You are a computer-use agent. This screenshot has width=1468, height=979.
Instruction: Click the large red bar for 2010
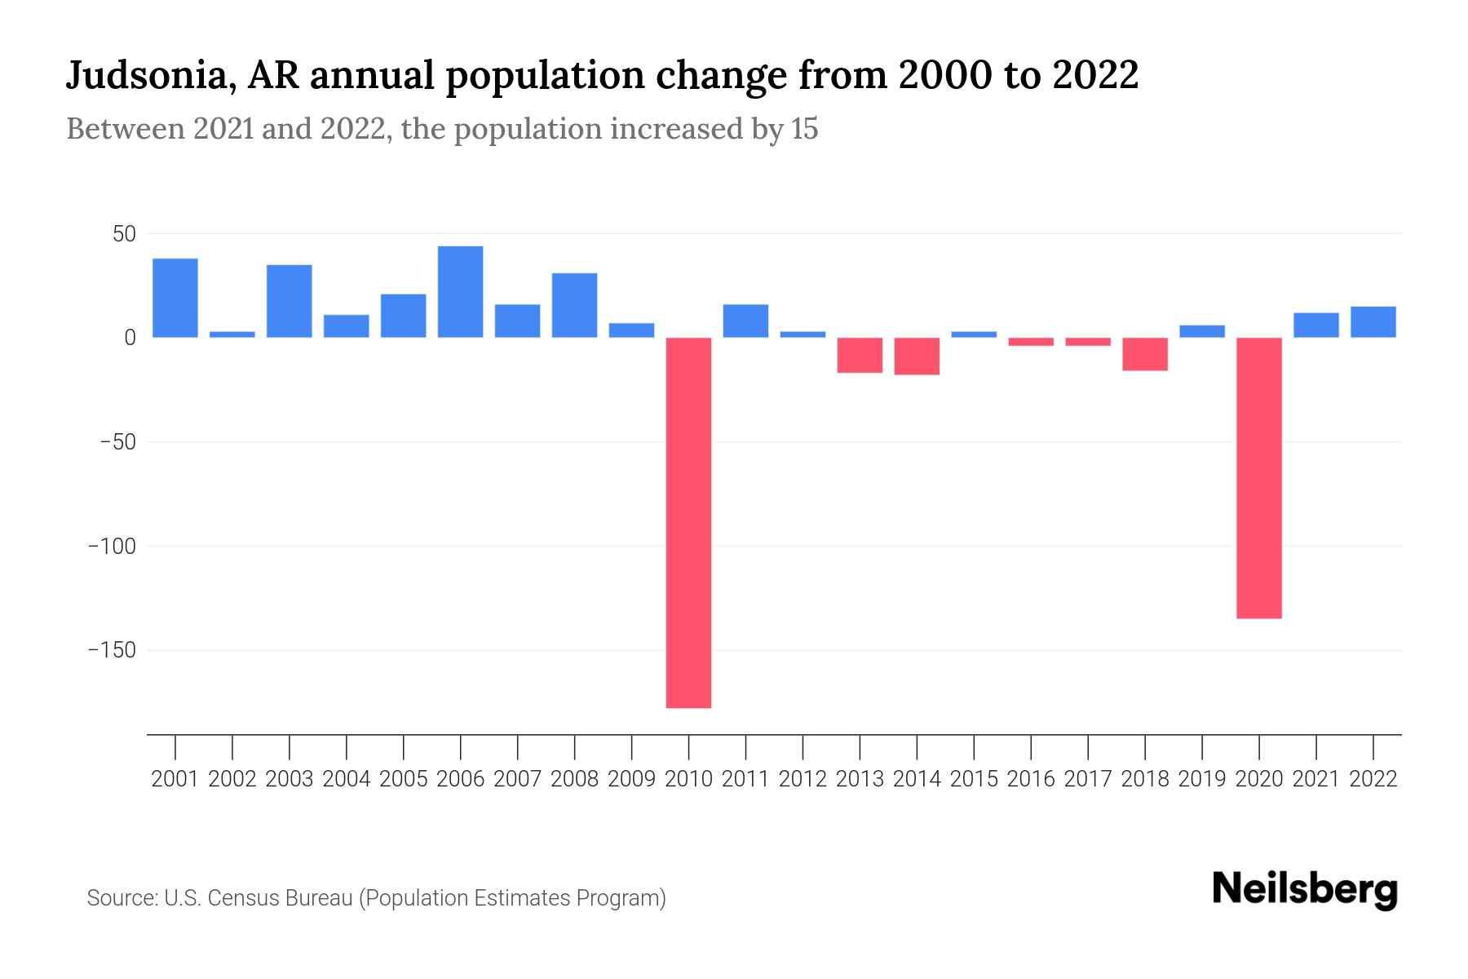point(688,522)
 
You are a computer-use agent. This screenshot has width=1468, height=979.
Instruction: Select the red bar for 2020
point(1259,477)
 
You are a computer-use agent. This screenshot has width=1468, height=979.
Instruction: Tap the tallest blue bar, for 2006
point(460,291)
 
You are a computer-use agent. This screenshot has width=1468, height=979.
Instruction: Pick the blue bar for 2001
point(175,298)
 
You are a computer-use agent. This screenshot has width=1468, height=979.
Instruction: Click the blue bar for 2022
point(1373,321)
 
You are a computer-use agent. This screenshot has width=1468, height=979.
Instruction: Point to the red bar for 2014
point(917,356)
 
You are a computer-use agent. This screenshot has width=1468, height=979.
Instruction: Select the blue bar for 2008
point(574,305)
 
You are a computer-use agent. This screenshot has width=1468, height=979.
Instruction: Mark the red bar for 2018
point(1145,354)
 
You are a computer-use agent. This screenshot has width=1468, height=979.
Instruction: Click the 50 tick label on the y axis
point(124,234)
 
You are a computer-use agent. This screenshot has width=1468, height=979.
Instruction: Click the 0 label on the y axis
point(129,338)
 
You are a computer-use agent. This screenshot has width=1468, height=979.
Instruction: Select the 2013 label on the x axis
point(860,779)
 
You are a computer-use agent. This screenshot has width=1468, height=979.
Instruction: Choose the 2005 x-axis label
point(404,779)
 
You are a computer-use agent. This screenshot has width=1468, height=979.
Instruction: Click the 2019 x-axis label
point(1202,779)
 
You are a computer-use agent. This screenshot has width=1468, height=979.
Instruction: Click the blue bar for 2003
point(290,301)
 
